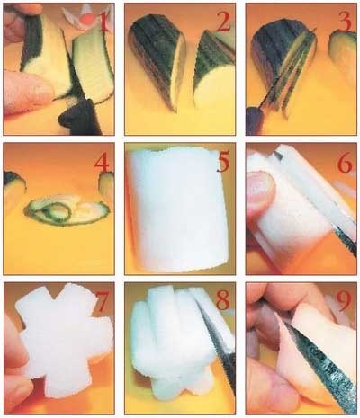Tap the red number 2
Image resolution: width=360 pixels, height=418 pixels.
[x=222, y=22]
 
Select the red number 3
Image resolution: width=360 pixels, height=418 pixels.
[x=346, y=22]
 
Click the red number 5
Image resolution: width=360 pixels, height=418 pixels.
[x=223, y=163]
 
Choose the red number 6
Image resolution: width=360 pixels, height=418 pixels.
[x=345, y=163]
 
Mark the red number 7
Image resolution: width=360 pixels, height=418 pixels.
[x=102, y=302]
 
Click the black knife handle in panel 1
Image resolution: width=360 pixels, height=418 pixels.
[x=79, y=119]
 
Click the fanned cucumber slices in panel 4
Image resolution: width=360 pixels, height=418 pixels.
[x=67, y=212]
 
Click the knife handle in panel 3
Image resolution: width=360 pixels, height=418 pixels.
[x=254, y=121]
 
